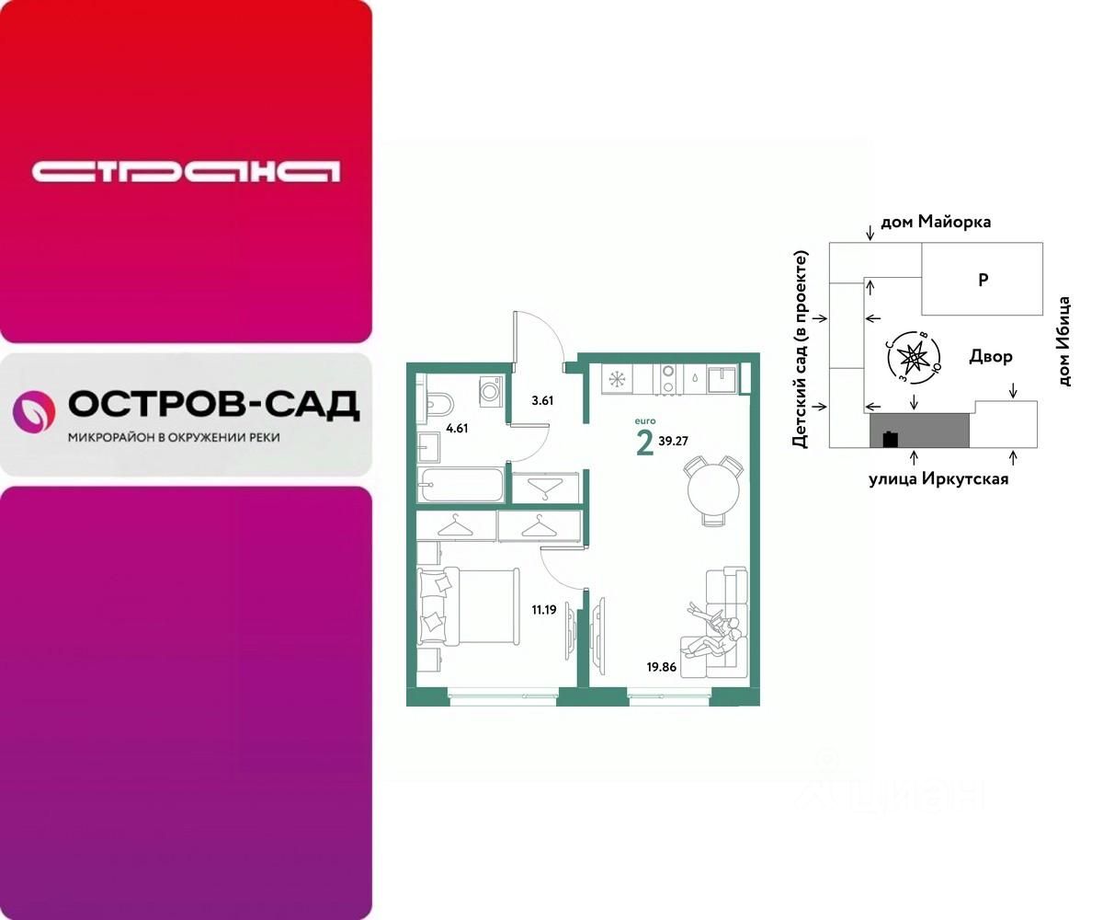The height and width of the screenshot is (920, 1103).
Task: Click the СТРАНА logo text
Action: (x=186, y=171)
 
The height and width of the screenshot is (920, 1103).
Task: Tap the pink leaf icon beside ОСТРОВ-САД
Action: (x=33, y=410)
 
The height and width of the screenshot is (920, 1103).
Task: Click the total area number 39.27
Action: (x=674, y=441)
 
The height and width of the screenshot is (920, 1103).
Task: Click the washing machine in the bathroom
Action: (x=491, y=392)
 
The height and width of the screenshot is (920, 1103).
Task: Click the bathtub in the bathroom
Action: (x=460, y=483)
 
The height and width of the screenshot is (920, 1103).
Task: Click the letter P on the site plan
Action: (x=983, y=281)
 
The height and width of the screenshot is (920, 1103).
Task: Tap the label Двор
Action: (x=991, y=356)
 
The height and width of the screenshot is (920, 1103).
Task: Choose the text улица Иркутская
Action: (x=938, y=478)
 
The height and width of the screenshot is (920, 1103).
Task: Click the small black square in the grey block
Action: (x=889, y=439)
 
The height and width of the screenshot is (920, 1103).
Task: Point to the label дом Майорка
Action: (x=936, y=222)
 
